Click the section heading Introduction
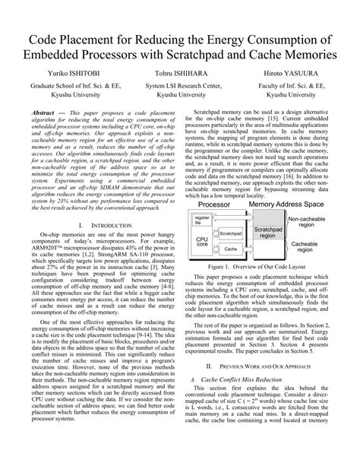click(96, 205)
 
